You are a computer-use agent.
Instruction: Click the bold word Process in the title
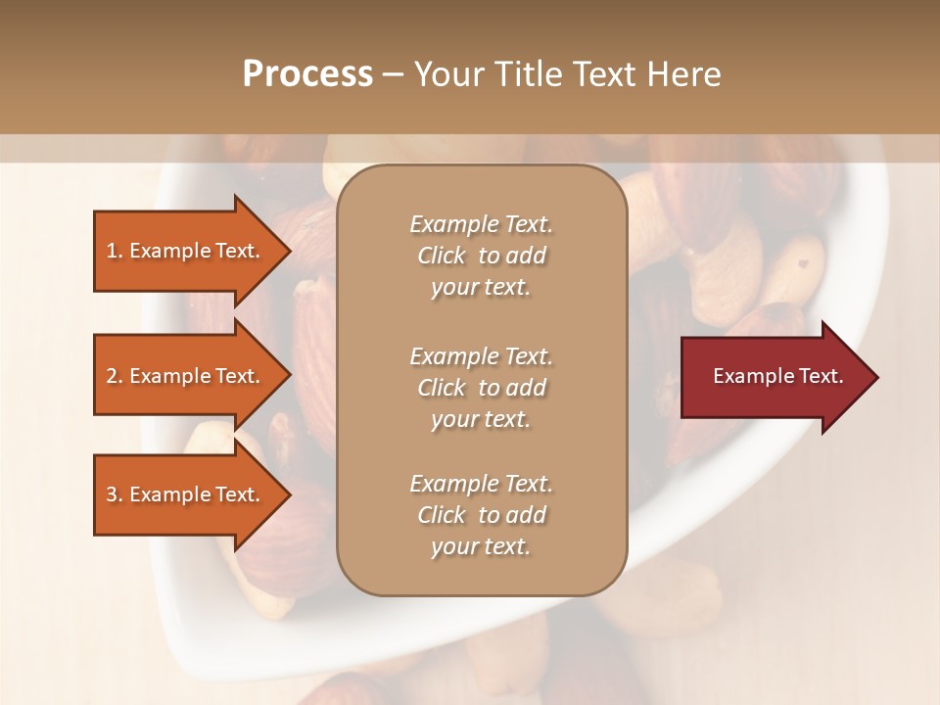pos(307,74)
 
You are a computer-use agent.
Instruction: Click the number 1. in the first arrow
pos(115,251)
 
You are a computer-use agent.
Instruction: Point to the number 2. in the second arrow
pos(115,376)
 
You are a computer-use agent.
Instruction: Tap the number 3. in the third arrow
pos(115,494)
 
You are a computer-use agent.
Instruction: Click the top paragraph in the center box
pos(481,256)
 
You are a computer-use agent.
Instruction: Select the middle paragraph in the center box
pos(481,388)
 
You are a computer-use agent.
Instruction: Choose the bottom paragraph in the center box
pos(481,515)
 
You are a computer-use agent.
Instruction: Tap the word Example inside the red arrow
pos(749,376)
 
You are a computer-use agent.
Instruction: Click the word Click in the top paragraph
pos(442,256)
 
